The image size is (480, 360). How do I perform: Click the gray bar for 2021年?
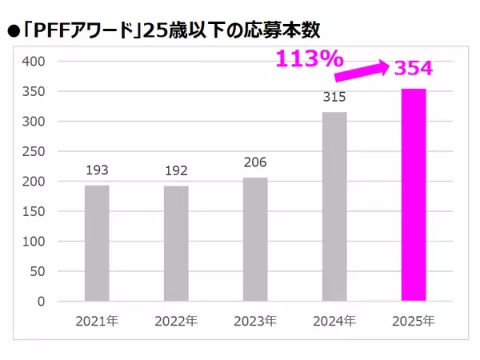click(x=97, y=243)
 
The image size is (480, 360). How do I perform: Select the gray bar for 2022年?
click(x=176, y=243)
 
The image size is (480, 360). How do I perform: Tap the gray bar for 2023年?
click(x=255, y=239)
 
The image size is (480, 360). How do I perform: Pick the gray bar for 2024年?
click(x=334, y=206)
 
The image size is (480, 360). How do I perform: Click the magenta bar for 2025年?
click(x=414, y=195)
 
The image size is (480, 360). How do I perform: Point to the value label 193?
click(x=97, y=170)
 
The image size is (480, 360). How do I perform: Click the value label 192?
click(x=176, y=170)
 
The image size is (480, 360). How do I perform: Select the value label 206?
click(x=255, y=162)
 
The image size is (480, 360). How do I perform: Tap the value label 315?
click(x=334, y=97)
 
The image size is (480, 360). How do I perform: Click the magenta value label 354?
click(x=413, y=68)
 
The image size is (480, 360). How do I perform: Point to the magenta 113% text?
click(x=310, y=58)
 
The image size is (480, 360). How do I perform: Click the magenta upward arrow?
click(x=362, y=70)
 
